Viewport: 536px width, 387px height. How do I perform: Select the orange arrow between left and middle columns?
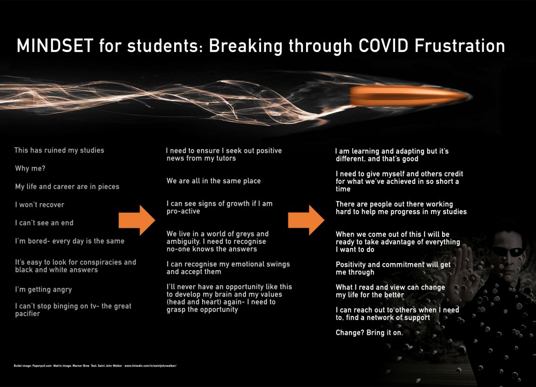point(137,220)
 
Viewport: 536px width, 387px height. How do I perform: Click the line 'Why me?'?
point(30,168)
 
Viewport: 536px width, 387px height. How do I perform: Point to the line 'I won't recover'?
point(40,205)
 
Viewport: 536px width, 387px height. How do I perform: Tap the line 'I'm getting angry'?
point(43,289)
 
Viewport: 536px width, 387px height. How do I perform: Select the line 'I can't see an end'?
point(44,222)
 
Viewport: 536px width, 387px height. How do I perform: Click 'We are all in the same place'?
point(213,181)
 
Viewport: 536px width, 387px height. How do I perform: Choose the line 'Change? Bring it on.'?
point(369,332)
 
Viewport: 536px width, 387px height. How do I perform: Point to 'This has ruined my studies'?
point(59,150)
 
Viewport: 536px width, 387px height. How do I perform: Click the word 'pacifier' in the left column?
point(27,314)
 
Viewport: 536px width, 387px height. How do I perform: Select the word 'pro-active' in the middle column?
point(183,211)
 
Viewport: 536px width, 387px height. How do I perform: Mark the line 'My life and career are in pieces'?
point(67,187)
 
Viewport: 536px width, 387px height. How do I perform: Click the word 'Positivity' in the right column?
point(353,265)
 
